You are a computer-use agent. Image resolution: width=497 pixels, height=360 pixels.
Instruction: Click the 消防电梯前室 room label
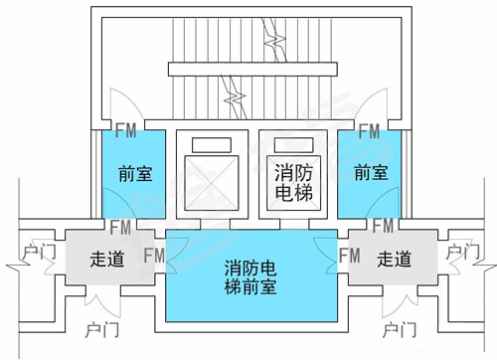pos(249,277)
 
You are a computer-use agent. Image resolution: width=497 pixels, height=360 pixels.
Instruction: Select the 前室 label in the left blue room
pos(134,173)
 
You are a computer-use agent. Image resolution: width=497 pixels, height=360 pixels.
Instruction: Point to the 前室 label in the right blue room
pos(370,173)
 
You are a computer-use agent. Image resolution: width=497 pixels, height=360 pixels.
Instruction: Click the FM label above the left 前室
pos(126,130)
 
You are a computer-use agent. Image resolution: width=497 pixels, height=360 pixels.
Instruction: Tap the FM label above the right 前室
pos(369,130)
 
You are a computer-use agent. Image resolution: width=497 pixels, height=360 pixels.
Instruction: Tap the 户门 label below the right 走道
pos(399,328)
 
